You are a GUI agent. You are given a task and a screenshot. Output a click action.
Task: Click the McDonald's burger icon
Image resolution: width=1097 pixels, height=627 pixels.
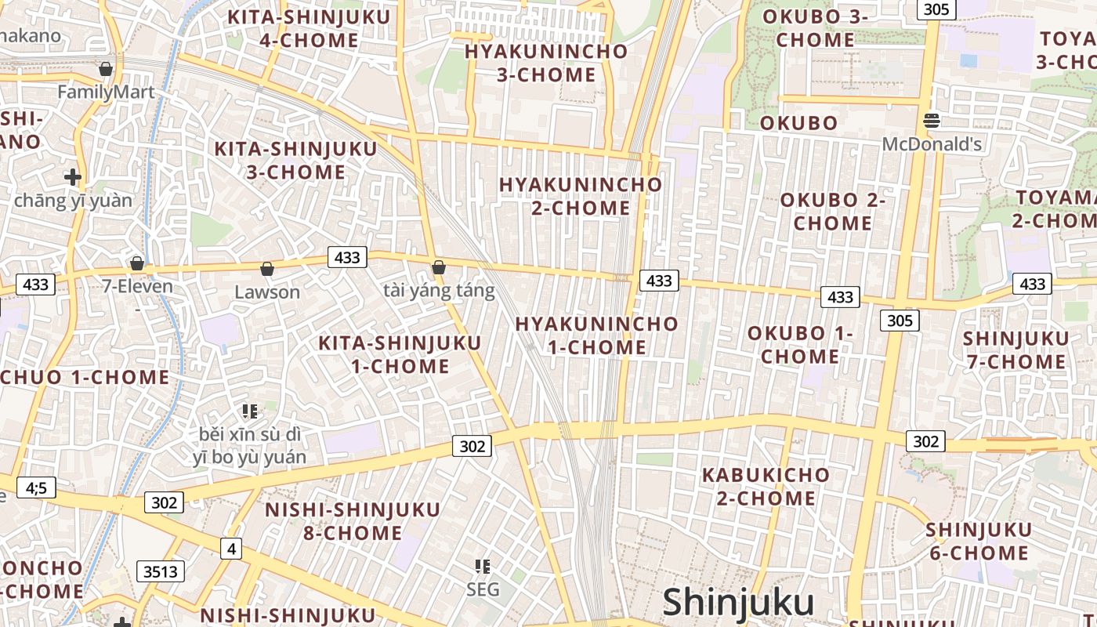[x=932, y=121]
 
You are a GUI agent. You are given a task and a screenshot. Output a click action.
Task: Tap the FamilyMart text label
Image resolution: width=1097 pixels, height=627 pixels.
[x=106, y=92]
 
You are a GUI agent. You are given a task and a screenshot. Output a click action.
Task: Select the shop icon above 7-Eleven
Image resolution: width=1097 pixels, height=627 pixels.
[x=137, y=263]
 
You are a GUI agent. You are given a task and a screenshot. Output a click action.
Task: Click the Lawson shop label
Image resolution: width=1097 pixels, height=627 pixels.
[x=267, y=292]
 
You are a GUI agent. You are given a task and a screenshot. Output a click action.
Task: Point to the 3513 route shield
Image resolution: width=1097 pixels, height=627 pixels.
[x=161, y=571]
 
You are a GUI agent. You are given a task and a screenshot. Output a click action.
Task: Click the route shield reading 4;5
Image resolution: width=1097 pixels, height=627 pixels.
[x=36, y=488]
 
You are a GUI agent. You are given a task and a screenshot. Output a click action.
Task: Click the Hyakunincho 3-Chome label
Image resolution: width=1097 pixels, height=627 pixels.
[x=546, y=63]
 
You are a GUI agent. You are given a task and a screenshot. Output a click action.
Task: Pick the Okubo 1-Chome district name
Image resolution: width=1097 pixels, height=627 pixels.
[x=800, y=345]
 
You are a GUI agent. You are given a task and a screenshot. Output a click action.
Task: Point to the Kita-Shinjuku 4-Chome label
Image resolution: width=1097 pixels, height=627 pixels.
[x=297, y=29]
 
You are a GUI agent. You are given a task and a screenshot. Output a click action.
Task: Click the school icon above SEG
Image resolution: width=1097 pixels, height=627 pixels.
[x=483, y=566]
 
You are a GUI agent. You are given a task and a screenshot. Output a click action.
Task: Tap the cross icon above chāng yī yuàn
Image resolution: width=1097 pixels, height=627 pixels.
[x=73, y=177]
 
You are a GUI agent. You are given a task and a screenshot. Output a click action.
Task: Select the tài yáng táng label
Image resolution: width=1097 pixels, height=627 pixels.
[x=439, y=292]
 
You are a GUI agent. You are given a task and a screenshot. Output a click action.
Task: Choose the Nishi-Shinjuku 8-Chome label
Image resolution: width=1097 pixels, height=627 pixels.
[x=353, y=521]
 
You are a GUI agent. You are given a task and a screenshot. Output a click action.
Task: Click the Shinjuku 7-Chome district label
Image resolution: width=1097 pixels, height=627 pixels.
[x=1016, y=350]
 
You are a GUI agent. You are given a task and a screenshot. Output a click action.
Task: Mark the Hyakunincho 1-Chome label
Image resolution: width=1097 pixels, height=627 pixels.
[x=596, y=335]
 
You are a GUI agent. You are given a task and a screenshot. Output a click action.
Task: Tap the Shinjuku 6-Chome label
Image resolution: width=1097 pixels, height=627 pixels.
[x=979, y=542]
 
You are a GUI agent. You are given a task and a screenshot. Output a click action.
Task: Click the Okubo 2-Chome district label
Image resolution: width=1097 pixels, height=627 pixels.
[x=832, y=212]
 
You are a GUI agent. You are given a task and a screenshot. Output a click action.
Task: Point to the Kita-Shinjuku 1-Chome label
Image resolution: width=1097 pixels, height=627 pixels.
[x=400, y=354]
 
